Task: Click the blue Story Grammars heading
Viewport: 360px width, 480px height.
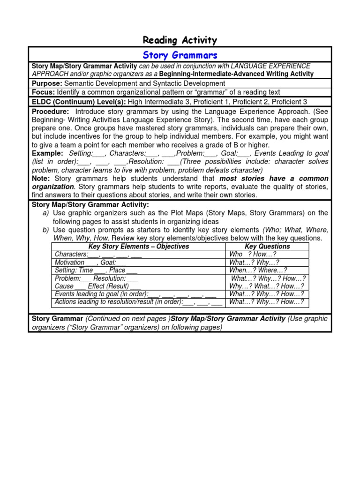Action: pos(180,55)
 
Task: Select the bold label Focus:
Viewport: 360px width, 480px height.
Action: pos(43,92)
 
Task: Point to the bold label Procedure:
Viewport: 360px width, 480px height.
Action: pos(50,112)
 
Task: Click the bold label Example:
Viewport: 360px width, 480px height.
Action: pos(47,153)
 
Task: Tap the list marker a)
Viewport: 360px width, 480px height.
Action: pos(45,213)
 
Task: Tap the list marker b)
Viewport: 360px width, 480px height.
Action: pos(45,230)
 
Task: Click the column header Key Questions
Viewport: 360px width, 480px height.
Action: pos(267,246)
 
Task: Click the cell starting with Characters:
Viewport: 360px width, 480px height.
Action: pos(98,255)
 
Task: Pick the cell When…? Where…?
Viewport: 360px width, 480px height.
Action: pos(258,270)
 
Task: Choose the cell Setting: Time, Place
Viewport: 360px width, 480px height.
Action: pos(96,270)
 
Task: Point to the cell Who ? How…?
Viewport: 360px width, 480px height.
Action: pos(253,255)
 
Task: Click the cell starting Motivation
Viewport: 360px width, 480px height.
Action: pos(90,262)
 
